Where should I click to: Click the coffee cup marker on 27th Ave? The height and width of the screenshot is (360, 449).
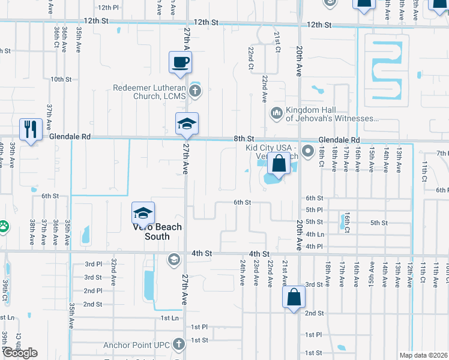[x=180, y=62]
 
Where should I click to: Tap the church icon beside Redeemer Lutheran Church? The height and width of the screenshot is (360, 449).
[x=194, y=91]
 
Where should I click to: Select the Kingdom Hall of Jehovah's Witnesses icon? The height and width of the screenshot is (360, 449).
[x=277, y=112]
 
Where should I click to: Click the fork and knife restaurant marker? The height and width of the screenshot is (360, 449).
[x=29, y=129]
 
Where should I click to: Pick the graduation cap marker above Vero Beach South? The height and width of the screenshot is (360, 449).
[x=143, y=214]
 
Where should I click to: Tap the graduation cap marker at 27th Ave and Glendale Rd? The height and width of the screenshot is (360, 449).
[x=187, y=124]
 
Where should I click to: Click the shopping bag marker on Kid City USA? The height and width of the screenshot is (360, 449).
[x=279, y=163]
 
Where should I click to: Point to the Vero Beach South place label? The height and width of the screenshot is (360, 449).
[x=153, y=232]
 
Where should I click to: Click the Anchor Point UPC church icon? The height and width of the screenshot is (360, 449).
[x=178, y=344]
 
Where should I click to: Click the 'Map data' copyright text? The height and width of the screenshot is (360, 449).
[x=423, y=355]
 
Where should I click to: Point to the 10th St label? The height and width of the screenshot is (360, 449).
[x=61, y=79]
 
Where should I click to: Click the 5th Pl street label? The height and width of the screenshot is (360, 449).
[x=315, y=209]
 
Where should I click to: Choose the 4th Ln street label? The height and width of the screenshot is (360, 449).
[x=315, y=234]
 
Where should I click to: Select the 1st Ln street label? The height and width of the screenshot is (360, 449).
[x=170, y=317]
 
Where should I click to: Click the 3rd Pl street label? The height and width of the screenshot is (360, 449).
[x=93, y=264]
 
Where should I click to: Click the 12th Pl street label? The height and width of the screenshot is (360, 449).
[x=108, y=7]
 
